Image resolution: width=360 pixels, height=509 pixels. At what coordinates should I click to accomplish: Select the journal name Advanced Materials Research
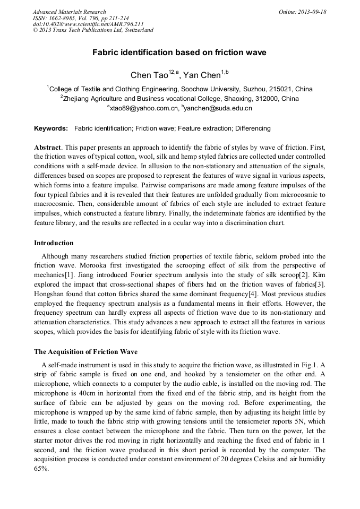[x=69, y=12]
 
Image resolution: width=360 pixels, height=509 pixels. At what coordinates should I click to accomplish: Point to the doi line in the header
[x=88, y=24]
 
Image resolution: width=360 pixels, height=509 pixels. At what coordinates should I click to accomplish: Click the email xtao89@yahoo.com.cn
[x=144, y=108]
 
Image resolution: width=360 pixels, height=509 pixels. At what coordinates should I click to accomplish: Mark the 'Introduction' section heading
[x=54, y=243]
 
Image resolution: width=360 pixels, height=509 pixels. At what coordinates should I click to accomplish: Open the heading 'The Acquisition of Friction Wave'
[x=85, y=352]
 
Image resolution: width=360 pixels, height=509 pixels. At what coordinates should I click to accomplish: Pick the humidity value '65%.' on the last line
[x=41, y=469]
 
